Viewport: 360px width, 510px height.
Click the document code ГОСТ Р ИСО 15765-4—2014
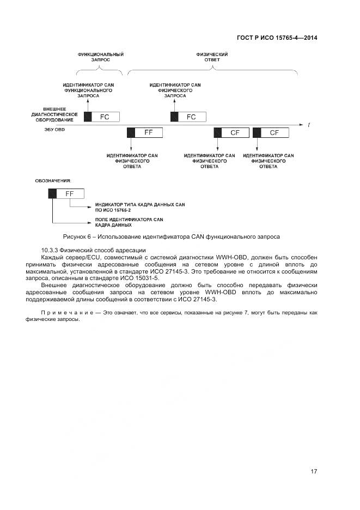tap(277, 38)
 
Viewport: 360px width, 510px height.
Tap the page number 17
tap(314, 471)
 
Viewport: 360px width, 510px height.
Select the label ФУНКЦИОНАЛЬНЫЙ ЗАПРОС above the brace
tap(101, 57)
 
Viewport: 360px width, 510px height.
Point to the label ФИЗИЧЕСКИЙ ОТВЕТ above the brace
tap(212, 57)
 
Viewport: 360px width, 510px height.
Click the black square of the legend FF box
tap(52, 193)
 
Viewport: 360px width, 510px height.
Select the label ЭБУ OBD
tap(54, 130)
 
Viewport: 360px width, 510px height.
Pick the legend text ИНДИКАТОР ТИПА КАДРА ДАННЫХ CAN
tap(140, 204)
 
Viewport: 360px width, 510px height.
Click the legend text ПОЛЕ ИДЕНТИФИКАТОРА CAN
tap(129, 219)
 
